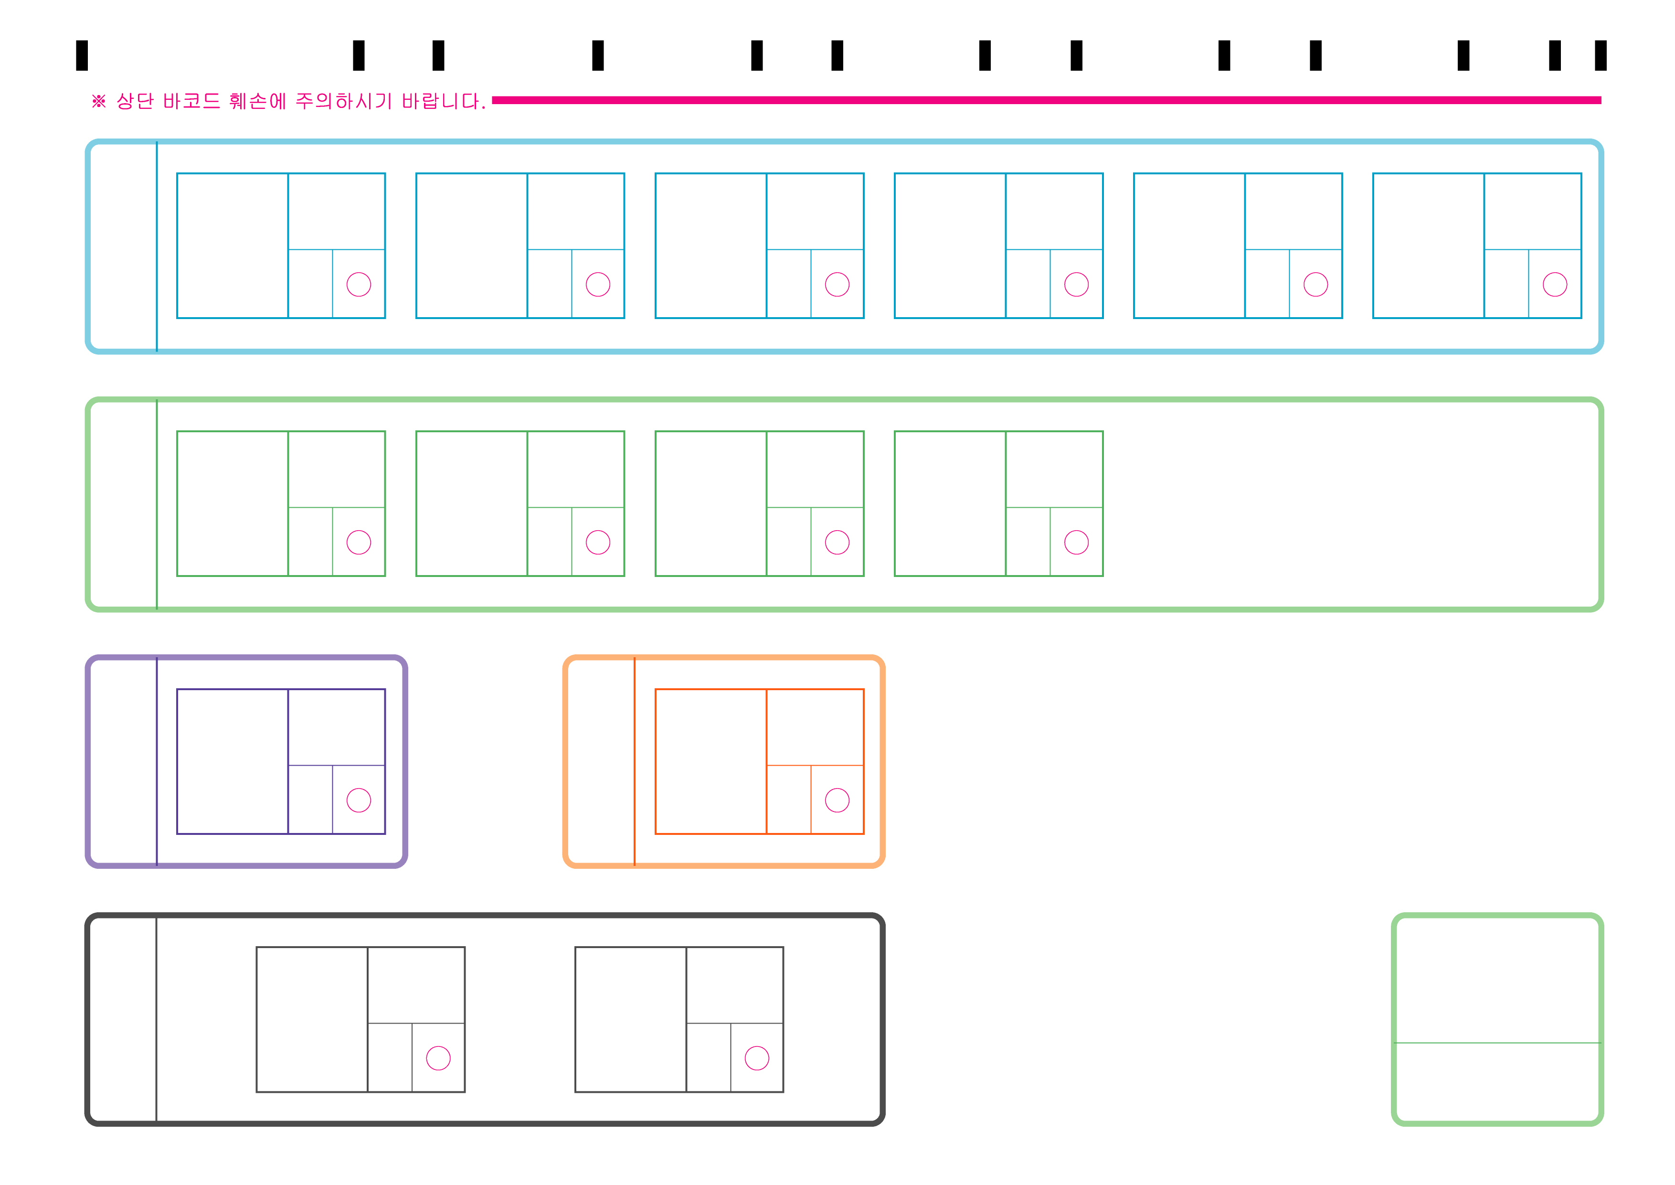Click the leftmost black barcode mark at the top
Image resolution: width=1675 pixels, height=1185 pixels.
[82, 55]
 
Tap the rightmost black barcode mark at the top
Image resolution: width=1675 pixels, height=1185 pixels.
[1601, 55]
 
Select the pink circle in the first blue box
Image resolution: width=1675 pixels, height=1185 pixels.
[359, 285]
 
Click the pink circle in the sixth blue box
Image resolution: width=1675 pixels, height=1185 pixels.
[1555, 285]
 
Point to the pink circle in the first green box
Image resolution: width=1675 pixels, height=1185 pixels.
[359, 542]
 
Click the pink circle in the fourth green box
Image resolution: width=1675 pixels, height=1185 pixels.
[1076, 542]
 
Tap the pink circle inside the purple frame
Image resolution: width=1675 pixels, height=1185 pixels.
[359, 801]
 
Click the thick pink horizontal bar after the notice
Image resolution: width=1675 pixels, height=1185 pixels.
[1043, 100]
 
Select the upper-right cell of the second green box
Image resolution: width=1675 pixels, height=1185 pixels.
[575, 469]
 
